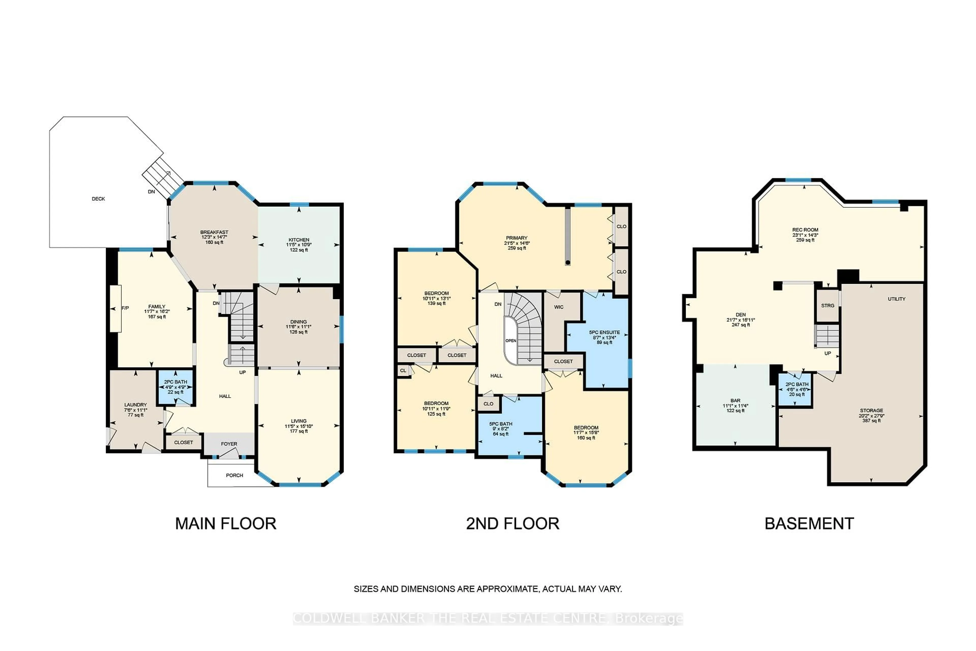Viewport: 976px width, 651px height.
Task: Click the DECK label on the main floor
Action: [98, 199]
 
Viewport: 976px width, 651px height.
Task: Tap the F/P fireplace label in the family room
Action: [125, 308]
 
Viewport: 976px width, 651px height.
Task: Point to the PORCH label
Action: [234, 475]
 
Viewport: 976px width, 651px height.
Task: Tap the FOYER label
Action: [229, 444]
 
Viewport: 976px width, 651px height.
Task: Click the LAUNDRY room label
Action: [136, 405]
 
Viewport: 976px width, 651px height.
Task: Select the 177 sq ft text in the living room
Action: [299, 431]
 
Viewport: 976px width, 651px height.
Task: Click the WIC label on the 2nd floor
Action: [559, 307]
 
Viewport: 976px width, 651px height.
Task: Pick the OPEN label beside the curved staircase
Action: [511, 341]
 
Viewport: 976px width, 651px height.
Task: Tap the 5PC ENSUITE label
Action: [605, 333]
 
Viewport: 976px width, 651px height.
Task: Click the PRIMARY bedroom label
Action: [517, 238]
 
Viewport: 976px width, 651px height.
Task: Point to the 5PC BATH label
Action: [501, 424]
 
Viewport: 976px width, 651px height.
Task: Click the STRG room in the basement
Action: [828, 306]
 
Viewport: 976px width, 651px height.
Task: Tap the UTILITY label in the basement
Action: [897, 299]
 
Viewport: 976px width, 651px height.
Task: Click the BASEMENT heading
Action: [809, 524]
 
